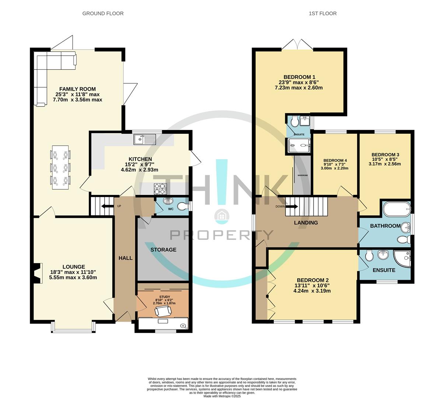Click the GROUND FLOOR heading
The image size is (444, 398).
[103, 14]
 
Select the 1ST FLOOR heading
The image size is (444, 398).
[322, 14]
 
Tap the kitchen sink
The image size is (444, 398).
[145, 139]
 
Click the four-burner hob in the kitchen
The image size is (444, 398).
[160, 189]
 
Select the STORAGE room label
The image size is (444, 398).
[163, 250]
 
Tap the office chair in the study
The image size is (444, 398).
[163, 311]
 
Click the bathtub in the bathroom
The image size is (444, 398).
[396, 209]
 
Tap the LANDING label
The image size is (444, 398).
[306, 223]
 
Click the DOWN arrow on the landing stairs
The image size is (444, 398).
[291, 206]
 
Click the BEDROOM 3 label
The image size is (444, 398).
[385, 155]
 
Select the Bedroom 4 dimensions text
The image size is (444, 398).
[335, 166]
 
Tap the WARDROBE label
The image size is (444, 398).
[303, 175]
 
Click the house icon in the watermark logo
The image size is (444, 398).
[222, 216]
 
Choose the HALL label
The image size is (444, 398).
[125, 258]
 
